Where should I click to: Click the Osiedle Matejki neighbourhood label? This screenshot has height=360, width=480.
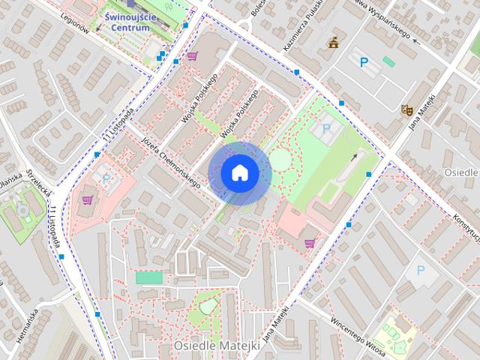coord(217,346)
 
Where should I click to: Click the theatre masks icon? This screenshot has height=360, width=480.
coord(406,109)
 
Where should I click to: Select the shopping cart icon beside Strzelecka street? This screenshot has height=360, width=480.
coord(88,199)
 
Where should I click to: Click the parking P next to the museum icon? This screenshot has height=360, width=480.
coord(364,63)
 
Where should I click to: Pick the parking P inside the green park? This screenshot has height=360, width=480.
coord(326,129)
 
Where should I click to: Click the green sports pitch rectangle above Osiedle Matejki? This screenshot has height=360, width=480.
coord(148,277)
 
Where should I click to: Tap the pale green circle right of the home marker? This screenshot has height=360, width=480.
coord(280,159)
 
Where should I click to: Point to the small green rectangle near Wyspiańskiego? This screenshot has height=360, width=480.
coord(388,61)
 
